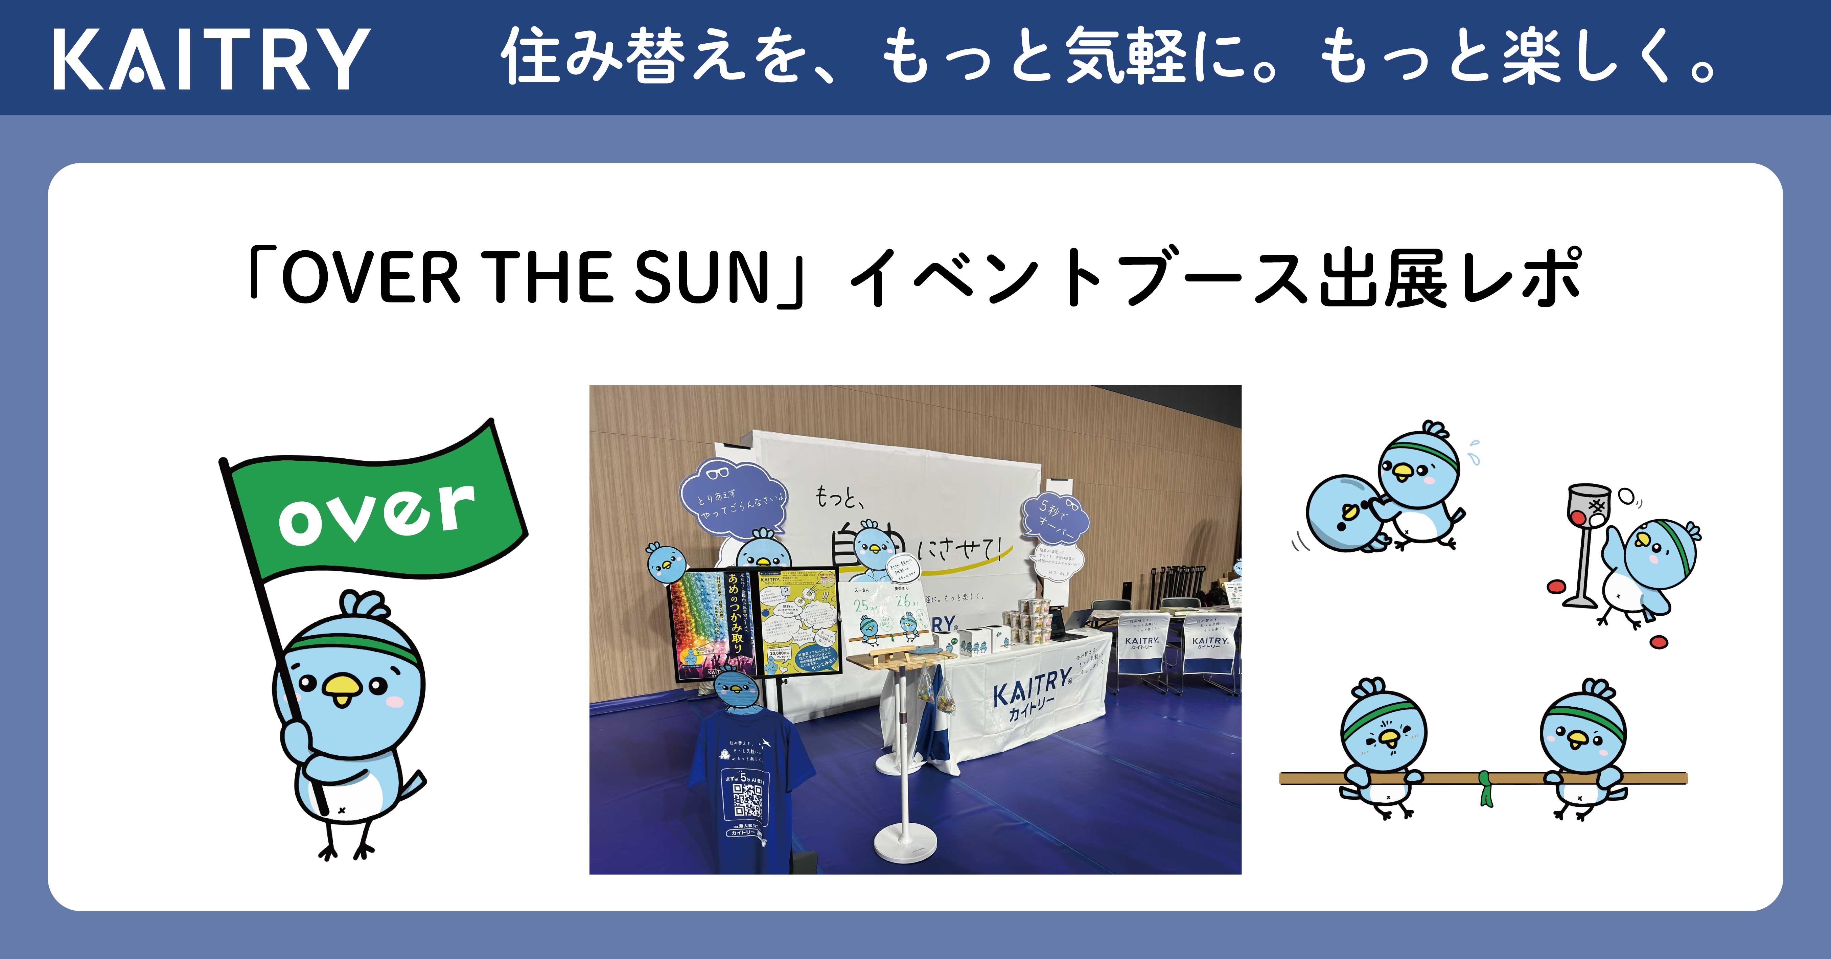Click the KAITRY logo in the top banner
(211, 59)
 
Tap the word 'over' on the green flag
(377, 512)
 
